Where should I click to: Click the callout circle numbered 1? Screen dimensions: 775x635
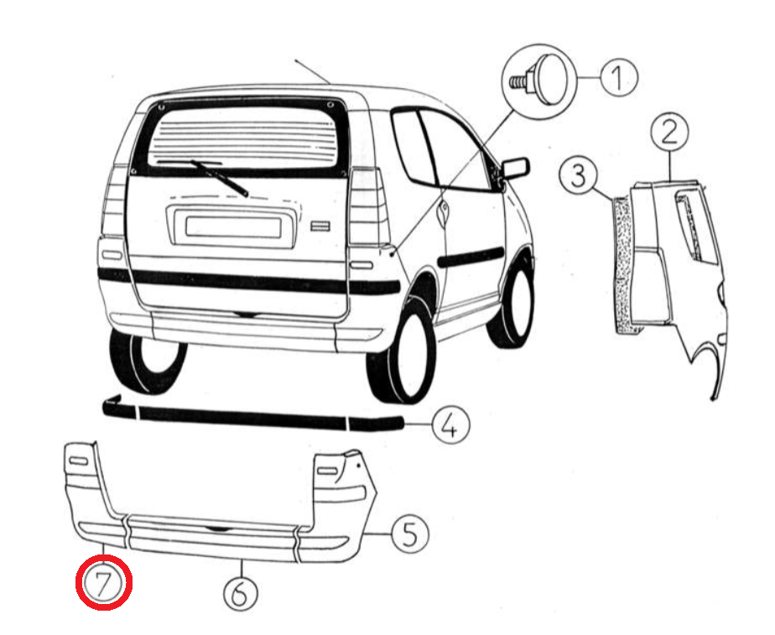click(619, 77)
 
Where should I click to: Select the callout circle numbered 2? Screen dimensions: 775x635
click(669, 132)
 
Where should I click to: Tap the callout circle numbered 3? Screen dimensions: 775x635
click(578, 175)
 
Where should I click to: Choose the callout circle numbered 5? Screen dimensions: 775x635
click(410, 534)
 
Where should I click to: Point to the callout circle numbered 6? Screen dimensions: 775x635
click(241, 592)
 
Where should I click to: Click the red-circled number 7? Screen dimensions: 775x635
click(104, 583)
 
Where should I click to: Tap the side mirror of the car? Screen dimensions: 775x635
click(515, 169)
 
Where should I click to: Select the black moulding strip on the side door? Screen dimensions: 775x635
click(471, 257)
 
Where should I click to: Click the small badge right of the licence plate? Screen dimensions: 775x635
click(320, 226)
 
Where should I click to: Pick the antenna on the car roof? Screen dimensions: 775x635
click(312, 71)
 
